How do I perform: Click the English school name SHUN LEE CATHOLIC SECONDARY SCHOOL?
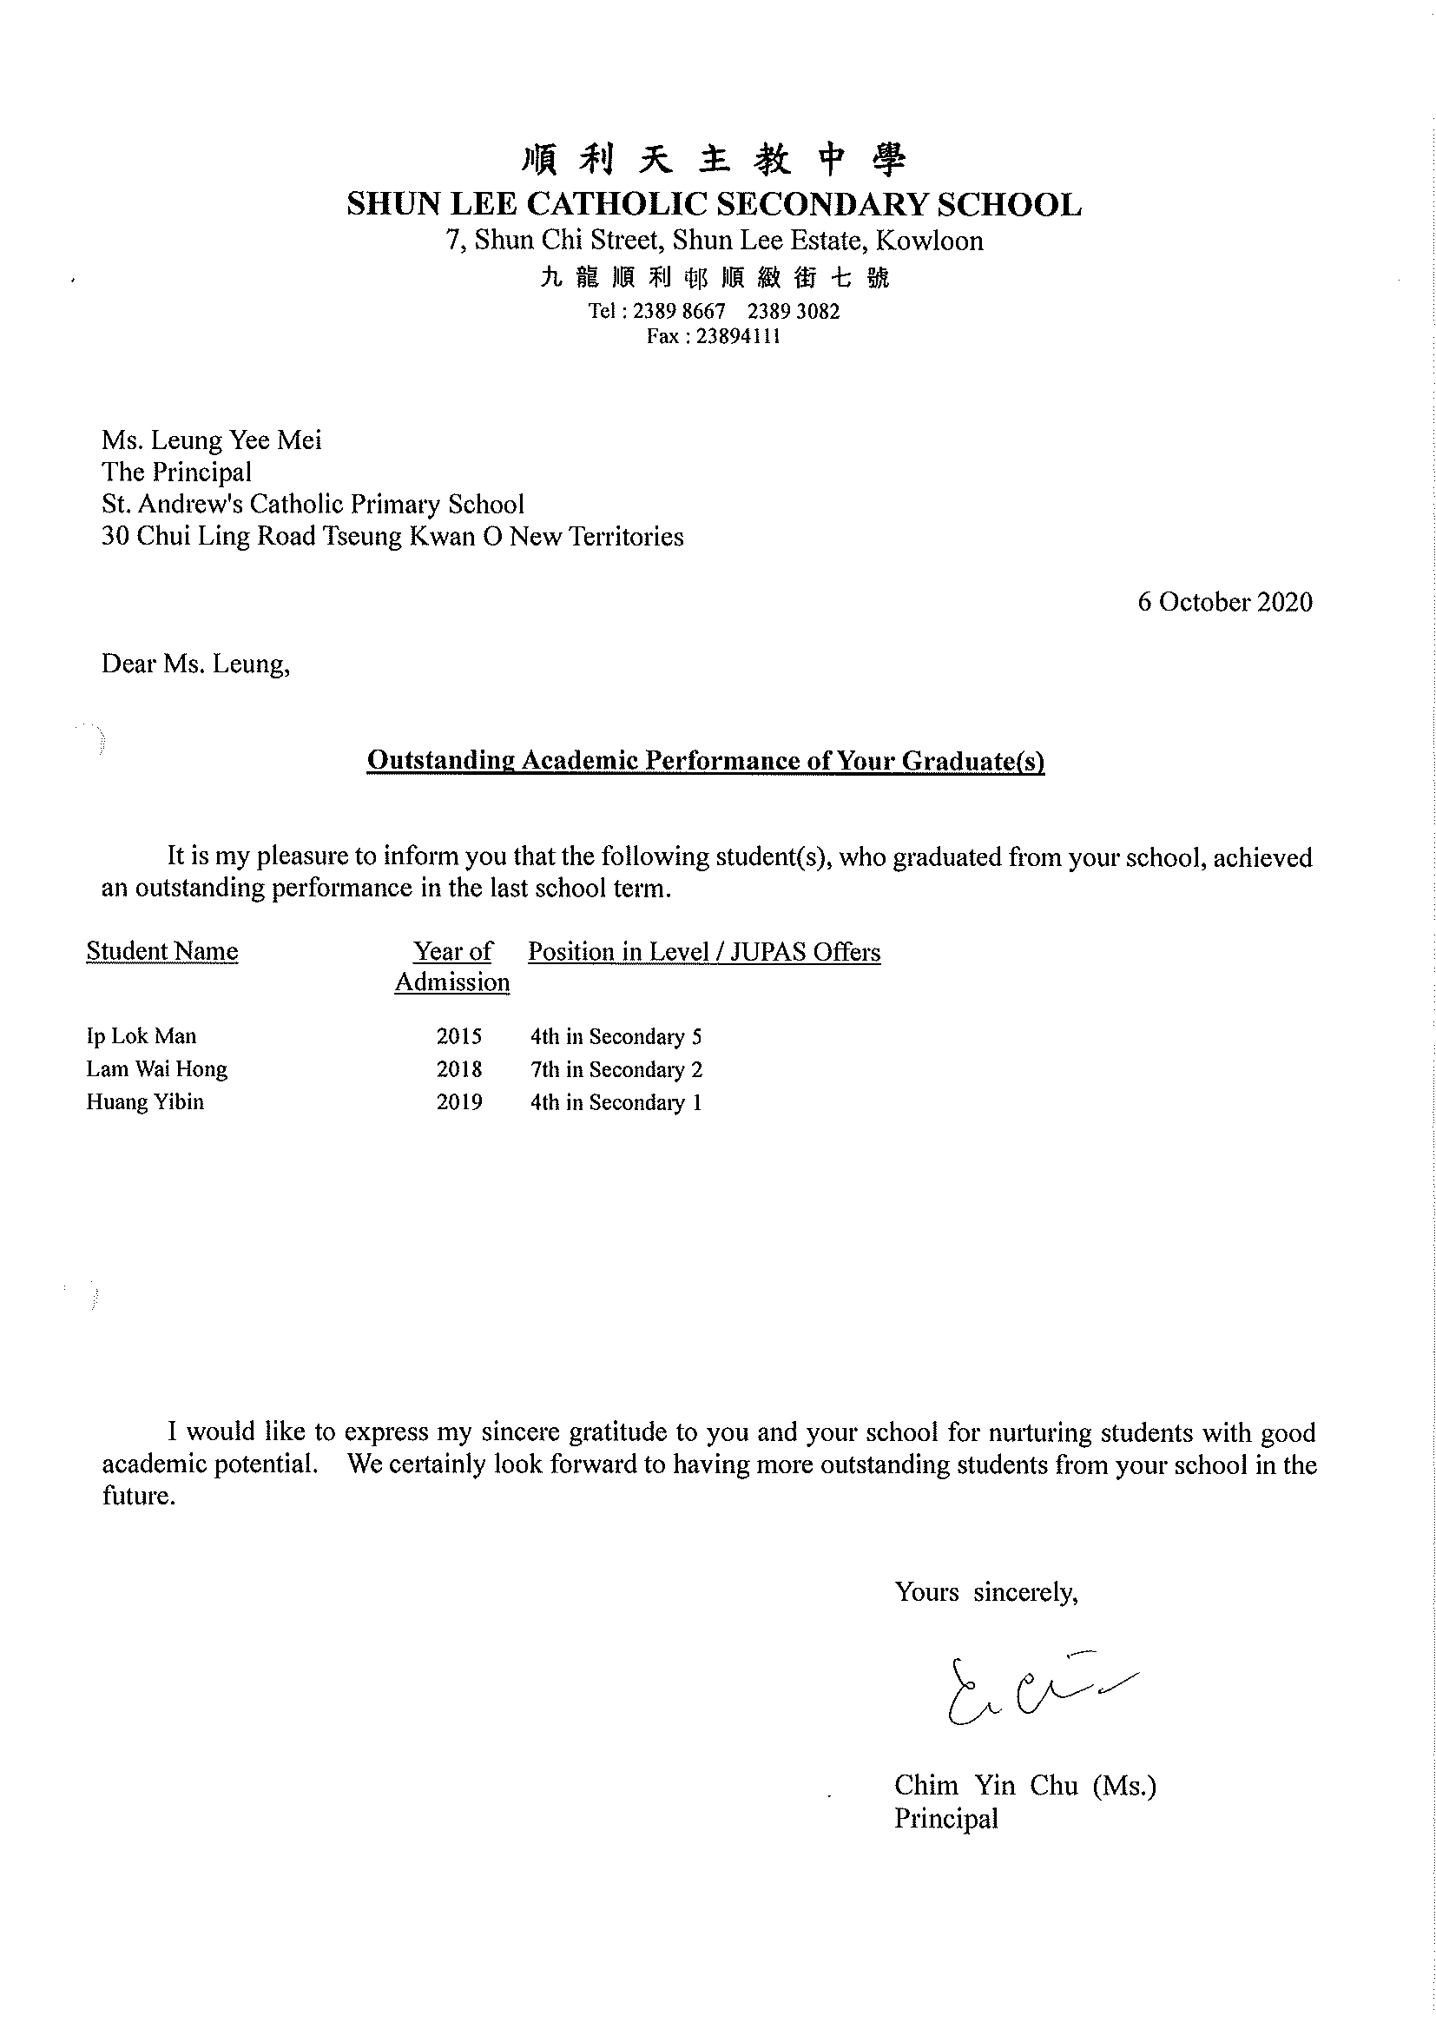[714, 205]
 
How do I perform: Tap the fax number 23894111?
[738, 336]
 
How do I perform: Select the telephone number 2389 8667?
[679, 311]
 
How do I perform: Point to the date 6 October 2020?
[1224, 602]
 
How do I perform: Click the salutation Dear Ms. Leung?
[195, 664]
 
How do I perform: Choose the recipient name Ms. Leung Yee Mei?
[211, 440]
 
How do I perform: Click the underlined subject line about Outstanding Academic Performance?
[706, 761]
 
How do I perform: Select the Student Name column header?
[162, 951]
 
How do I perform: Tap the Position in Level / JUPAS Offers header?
[704, 952]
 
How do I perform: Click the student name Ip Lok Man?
[141, 1036]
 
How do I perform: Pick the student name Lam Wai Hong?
[157, 1069]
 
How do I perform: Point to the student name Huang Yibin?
[144, 1102]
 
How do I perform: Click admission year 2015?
[459, 1036]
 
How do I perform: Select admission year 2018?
[459, 1069]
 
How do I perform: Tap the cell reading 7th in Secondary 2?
[616, 1070]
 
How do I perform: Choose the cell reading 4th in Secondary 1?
[616, 1103]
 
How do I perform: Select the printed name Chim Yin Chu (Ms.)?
[1024, 1785]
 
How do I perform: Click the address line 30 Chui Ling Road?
[392, 537]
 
